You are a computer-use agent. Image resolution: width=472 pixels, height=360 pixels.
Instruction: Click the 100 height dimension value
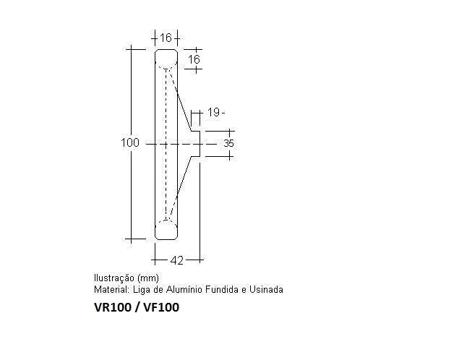point(129,142)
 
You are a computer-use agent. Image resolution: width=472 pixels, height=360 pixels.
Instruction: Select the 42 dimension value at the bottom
point(176,260)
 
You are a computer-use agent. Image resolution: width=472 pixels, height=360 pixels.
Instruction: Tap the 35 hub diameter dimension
point(228,143)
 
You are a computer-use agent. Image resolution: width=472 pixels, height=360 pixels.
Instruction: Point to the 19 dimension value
point(213,112)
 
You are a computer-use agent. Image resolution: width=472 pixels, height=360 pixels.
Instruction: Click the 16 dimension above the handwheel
point(166,38)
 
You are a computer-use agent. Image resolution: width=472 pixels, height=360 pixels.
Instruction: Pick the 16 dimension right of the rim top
point(194,59)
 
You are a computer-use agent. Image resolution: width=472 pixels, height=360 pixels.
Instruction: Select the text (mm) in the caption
point(147,278)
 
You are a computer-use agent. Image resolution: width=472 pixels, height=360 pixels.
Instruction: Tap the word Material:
point(112,290)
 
